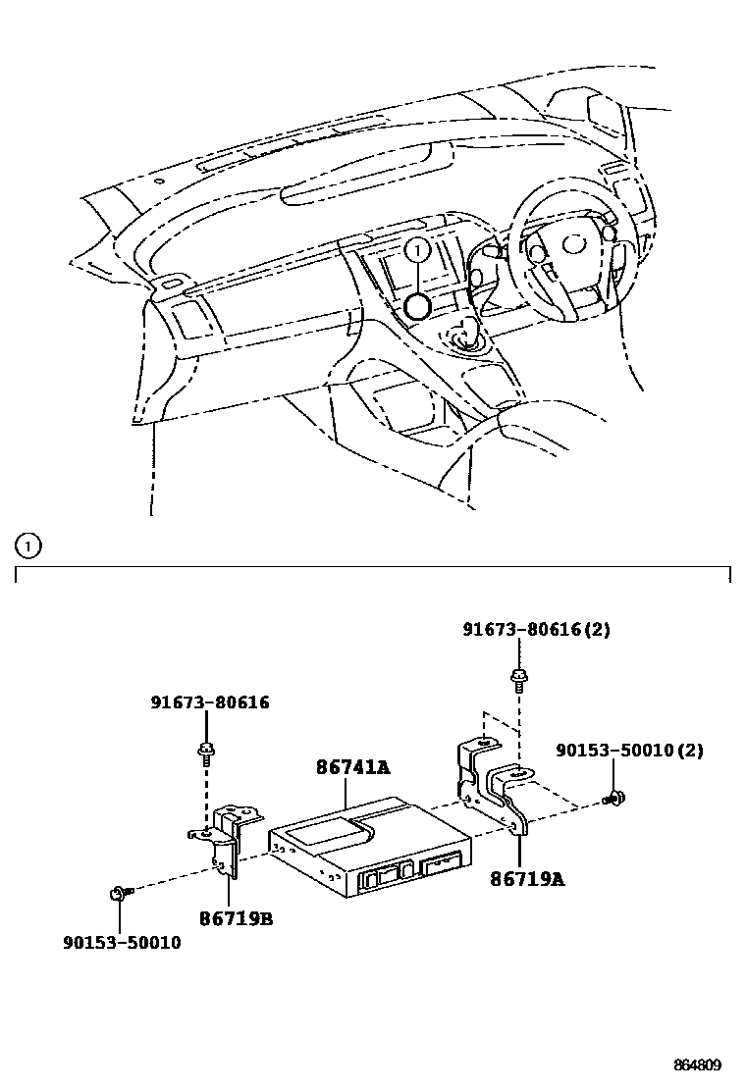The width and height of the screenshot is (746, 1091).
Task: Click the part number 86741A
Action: (351, 768)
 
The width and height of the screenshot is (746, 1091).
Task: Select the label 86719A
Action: (527, 879)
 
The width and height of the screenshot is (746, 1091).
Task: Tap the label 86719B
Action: (237, 918)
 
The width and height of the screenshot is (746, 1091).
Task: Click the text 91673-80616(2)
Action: (536, 630)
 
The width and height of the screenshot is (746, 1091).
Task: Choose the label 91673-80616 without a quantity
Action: (210, 702)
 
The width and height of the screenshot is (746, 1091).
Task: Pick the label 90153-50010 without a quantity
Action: (122, 944)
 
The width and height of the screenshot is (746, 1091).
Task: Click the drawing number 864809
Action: (697, 1065)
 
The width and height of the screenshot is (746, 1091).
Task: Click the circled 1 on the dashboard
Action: (417, 251)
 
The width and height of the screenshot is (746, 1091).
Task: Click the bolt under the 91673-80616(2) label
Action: (516, 677)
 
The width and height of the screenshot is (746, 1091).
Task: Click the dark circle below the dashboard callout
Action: (417, 306)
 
